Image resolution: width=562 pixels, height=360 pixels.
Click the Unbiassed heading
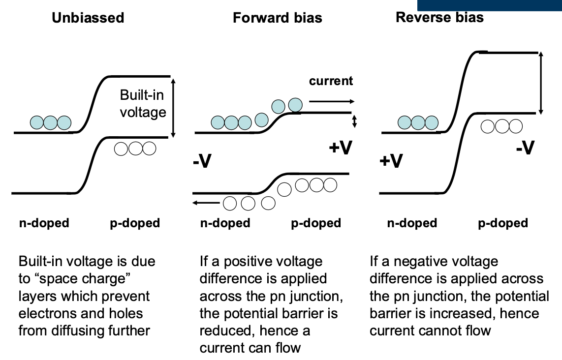pyautogui.click(x=88, y=18)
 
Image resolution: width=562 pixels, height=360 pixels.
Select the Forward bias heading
pyautogui.click(x=277, y=18)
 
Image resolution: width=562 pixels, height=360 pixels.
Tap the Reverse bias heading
pyautogui.click(x=439, y=18)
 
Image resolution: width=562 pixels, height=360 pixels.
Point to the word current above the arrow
pyautogui.click(x=331, y=81)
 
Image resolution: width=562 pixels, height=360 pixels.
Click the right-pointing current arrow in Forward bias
pyautogui.click(x=331, y=101)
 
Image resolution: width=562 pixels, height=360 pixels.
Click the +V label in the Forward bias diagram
pyautogui.click(x=341, y=147)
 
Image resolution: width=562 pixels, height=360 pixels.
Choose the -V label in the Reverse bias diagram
pyautogui.click(x=525, y=147)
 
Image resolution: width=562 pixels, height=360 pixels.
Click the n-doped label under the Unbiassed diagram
pyautogui.click(x=44, y=223)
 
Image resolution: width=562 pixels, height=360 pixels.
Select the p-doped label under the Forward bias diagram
pyautogui.click(x=316, y=223)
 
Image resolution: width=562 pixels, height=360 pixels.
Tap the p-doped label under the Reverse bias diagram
pyautogui.click(x=503, y=223)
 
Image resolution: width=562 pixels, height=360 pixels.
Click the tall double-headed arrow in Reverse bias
pyautogui.click(x=541, y=83)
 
